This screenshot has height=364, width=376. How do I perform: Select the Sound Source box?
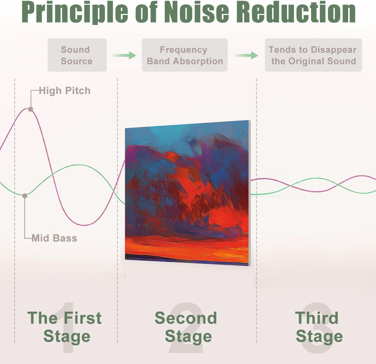click(77, 55)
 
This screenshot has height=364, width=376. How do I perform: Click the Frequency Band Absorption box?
click(185, 55)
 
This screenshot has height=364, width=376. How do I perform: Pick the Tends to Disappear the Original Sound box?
click(313, 55)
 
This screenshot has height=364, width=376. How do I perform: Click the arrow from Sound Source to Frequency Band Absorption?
click(124, 55)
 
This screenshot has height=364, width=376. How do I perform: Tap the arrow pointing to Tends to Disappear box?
click(246, 55)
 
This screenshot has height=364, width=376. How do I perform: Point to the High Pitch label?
click(65, 91)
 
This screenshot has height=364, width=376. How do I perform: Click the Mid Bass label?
click(54, 238)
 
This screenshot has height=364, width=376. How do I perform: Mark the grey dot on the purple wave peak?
click(31, 109)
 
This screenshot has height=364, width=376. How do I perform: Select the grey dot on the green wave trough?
click(25, 196)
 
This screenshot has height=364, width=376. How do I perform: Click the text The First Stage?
click(65, 327)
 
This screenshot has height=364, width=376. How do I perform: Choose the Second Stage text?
click(186, 327)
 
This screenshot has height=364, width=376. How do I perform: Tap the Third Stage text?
click(319, 327)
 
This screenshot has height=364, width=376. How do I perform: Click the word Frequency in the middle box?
click(183, 50)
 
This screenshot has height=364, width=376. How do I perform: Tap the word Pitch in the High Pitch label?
click(78, 91)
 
